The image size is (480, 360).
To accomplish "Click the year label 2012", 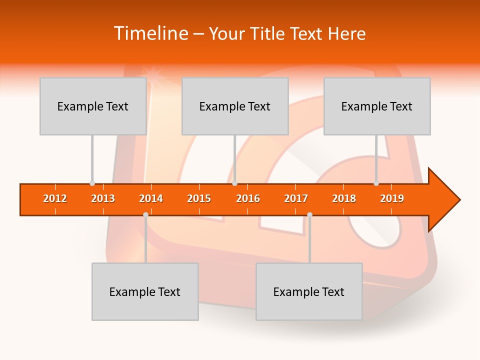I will pyautogui.click(x=55, y=198).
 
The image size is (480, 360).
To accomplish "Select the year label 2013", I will pyautogui.click(x=103, y=198).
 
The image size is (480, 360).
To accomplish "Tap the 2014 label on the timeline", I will pyautogui.click(x=151, y=198).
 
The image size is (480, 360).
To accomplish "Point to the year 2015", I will pyautogui.click(x=199, y=198).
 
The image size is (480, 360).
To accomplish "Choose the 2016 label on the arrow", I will pyautogui.click(x=248, y=198).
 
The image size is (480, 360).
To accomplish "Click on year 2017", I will pyautogui.click(x=296, y=198).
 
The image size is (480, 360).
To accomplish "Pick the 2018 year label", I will pyautogui.click(x=344, y=198).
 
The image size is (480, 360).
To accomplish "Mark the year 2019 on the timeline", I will pyautogui.click(x=392, y=198).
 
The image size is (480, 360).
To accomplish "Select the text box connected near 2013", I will pyautogui.click(x=93, y=106).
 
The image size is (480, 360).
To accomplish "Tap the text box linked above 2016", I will pyautogui.click(x=235, y=106).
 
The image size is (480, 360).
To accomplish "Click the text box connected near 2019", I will pyautogui.click(x=377, y=106).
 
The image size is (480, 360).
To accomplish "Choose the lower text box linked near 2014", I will pyautogui.click(x=145, y=291).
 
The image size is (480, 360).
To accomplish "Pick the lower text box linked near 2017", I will pyautogui.click(x=309, y=291).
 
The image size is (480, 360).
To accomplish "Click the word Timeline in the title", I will pyautogui.click(x=150, y=33).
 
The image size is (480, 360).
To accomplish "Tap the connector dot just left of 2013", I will pyautogui.click(x=92, y=183).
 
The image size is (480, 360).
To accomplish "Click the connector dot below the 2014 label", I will pyautogui.click(x=145, y=215).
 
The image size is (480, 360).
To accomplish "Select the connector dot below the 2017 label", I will pyautogui.click(x=309, y=215).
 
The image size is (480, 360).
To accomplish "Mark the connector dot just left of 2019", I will pyautogui.click(x=376, y=183).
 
